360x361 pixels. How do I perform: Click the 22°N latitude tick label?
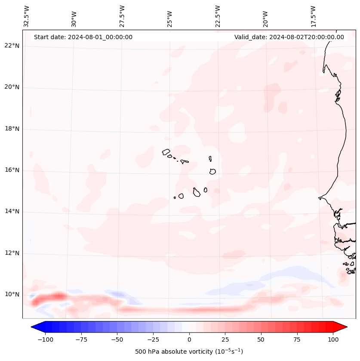(12, 46)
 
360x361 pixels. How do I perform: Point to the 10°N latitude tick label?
(12, 294)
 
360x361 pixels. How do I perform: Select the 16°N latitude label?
(12, 170)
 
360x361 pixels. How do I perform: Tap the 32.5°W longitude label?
(27, 16)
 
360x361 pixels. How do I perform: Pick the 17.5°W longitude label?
(313, 16)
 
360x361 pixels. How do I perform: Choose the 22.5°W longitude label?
(218, 16)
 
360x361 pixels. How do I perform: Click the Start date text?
(83, 37)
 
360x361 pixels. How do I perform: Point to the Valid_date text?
(289, 37)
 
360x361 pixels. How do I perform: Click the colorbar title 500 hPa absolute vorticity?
(189, 352)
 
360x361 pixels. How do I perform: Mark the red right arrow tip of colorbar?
(346, 327)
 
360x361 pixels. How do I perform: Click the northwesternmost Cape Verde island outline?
(166, 151)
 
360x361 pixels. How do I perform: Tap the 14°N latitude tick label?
(12, 211)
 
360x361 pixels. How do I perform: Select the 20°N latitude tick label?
(12, 87)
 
